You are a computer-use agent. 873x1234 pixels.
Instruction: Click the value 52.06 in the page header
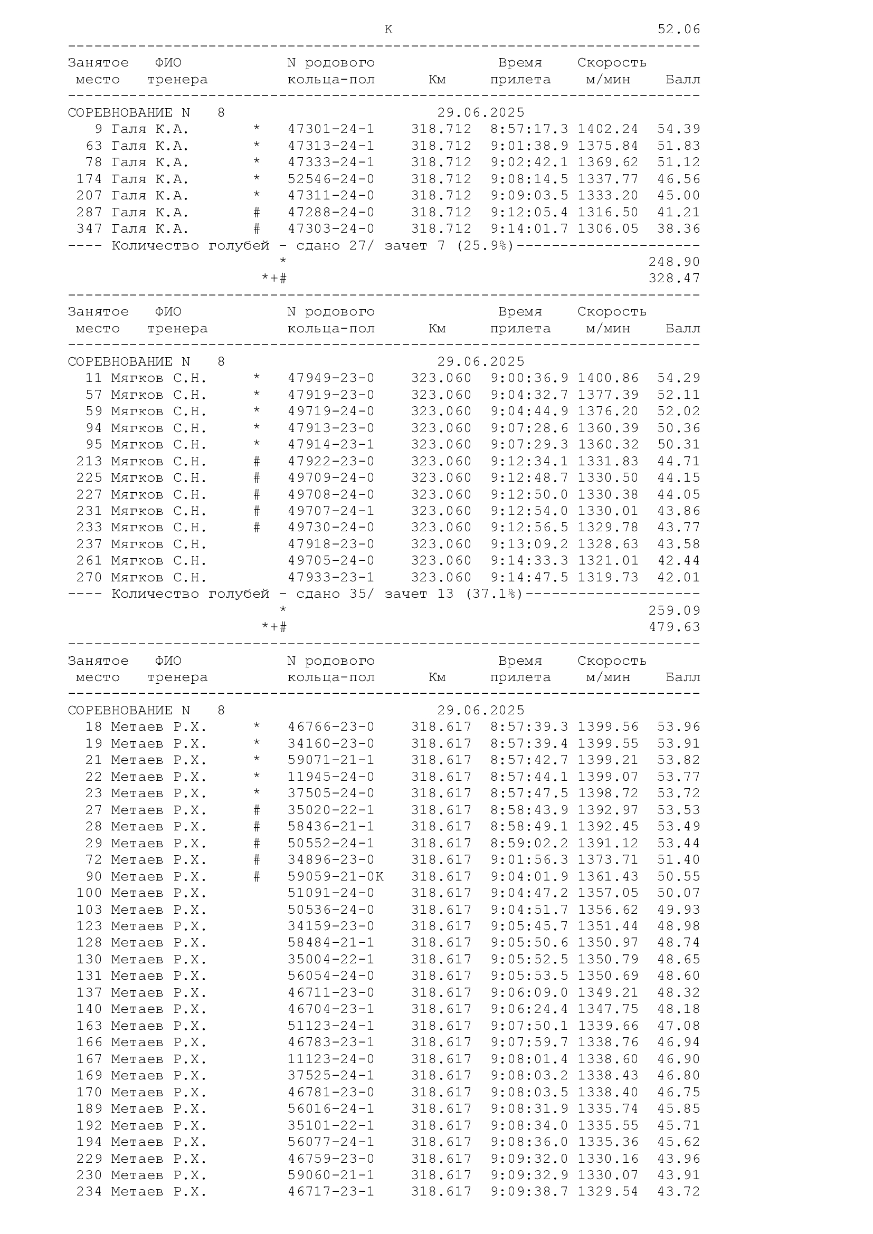pyautogui.click(x=678, y=30)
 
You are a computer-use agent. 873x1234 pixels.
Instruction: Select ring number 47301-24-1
pyautogui.click(x=330, y=130)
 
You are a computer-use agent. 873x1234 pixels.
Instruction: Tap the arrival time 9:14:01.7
pyautogui.click(x=529, y=229)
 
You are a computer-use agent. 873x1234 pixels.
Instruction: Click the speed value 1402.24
pyautogui.click(x=608, y=130)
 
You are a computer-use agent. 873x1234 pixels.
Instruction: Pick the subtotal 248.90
pyautogui.click(x=674, y=262)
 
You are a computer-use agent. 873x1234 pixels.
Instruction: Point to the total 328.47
pyautogui.click(x=674, y=279)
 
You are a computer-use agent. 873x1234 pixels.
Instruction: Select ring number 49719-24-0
pyautogui.click(x=330, y=412)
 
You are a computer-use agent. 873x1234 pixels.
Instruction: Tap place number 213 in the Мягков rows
pyautogui.click(x=89, y=462)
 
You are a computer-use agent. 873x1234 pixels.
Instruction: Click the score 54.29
pyautogui.click(x=678, y=378)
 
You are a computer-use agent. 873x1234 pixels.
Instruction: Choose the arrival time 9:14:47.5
pyautogui.click(x=529, y=578)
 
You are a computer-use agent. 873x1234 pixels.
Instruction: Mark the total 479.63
pyautogui.click(x=674, y=627)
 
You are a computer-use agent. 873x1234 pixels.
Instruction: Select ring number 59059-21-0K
pyautogui.click(x=336, y=877)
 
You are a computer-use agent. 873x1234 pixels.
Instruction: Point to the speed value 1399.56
pyautogui.click(x=608, y=727)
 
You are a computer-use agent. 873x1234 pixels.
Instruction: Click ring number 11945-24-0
pyautogui.click(x=330, y=777)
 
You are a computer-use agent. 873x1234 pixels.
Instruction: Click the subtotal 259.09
pyautogui.click(x=674, y=611)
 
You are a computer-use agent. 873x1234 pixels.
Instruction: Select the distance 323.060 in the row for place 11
pyautogui.click(x=441, y=378)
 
